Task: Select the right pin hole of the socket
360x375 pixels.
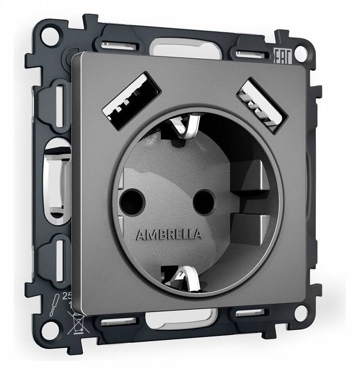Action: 203,198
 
